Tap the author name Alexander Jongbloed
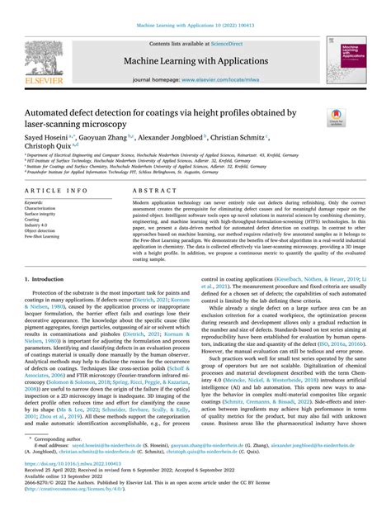click(x=177, y=136)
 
